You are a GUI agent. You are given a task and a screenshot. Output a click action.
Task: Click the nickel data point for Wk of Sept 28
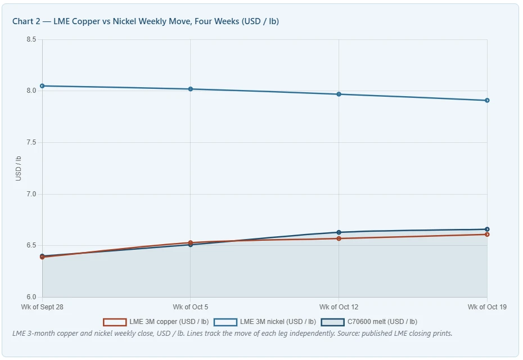(42, 86)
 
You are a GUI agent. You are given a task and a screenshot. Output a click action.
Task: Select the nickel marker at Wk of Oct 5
(191, 89)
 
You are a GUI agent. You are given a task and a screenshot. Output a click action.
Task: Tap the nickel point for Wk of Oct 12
(339, 94)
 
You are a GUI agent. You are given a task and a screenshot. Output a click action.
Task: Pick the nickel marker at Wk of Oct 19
(487, 101)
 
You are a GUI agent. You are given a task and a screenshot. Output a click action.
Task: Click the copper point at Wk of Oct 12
(339, 238)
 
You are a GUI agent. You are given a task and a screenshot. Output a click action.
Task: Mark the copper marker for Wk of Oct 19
(487, 235)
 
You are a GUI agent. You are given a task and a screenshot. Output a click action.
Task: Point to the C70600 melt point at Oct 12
(339, 232)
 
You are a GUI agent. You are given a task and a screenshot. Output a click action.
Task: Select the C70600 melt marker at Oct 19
(487, 229)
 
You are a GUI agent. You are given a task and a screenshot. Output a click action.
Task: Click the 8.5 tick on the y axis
(31, 39)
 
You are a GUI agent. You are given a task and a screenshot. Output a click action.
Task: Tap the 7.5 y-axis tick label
(31, 142)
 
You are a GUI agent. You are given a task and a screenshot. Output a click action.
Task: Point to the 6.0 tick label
(31, 297)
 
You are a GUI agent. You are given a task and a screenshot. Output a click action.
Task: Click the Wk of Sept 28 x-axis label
(42, 307)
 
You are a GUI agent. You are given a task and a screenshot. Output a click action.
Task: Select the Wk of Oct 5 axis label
(191, 307)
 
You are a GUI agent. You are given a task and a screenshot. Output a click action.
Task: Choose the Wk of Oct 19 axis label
(487, 307)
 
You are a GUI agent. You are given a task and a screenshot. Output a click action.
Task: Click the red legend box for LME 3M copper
(115, 322)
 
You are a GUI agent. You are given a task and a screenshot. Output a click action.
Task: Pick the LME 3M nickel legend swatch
(226, 322)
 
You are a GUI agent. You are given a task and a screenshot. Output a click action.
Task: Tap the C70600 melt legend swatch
(332, 322)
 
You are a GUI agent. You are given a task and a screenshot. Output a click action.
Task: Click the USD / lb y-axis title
(19, 169)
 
